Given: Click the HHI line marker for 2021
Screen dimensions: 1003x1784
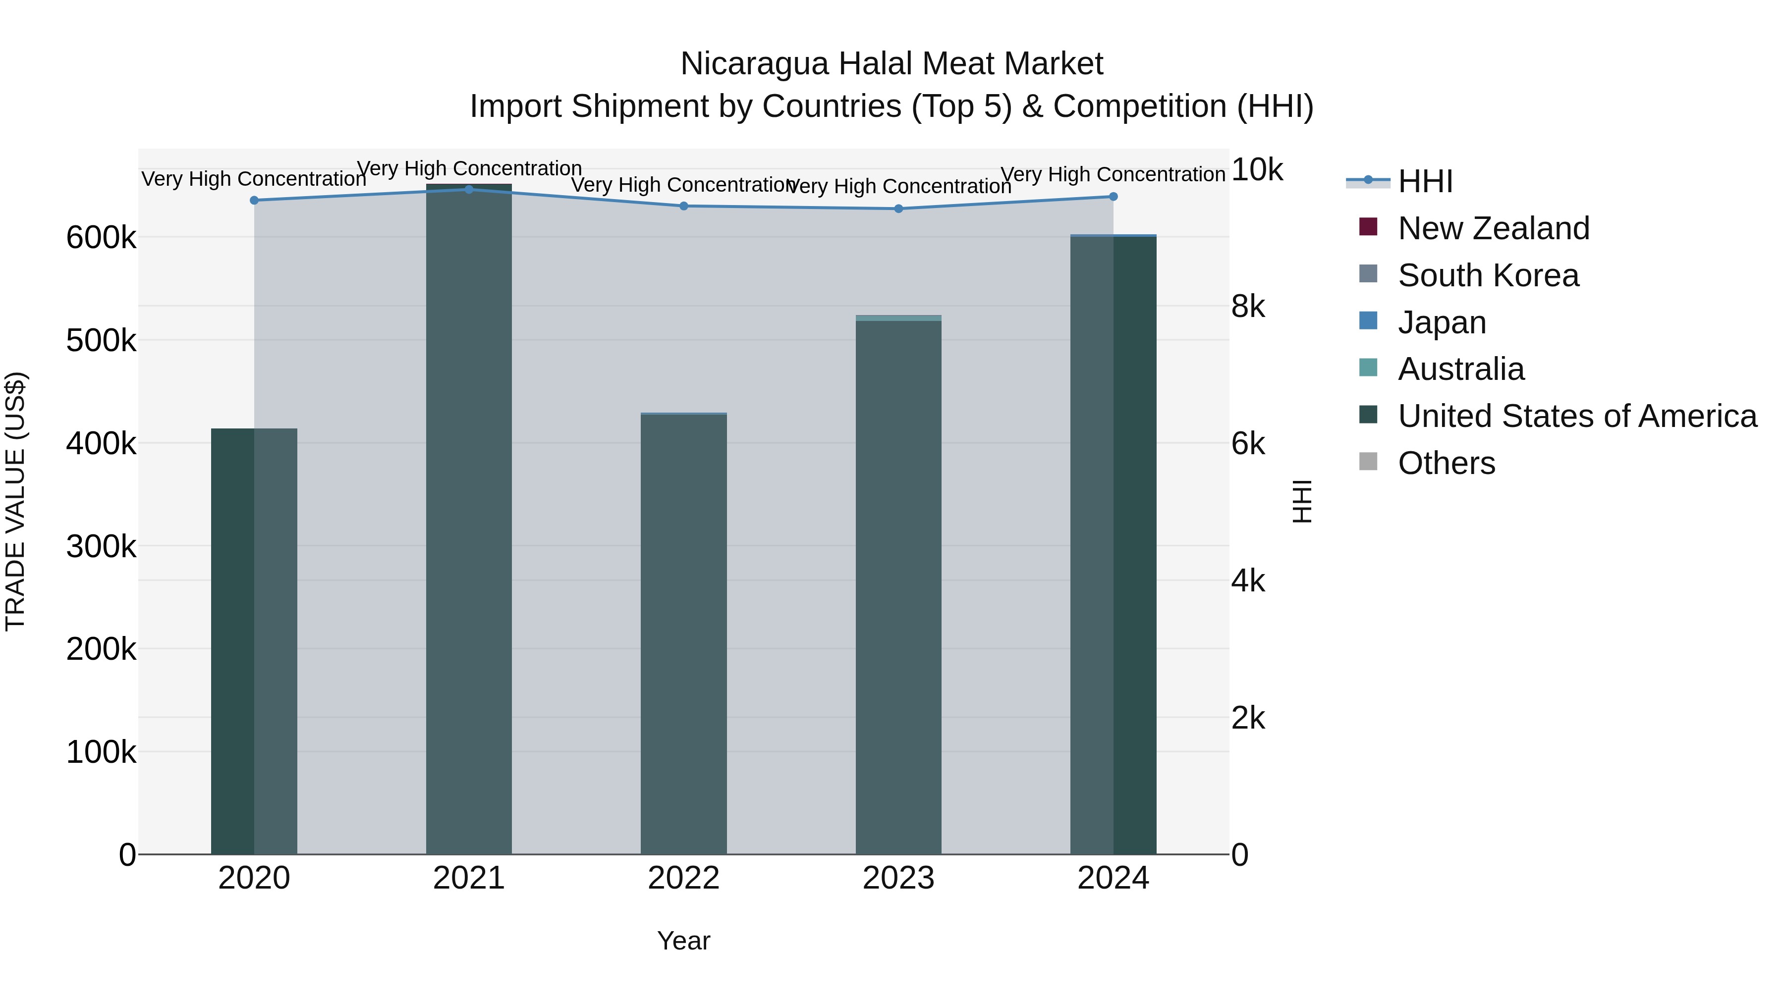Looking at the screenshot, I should tap(469, 190).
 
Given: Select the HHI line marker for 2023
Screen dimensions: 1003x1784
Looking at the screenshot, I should tap(898, 209).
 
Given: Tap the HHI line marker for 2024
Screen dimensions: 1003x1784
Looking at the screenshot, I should tap(1113, 197).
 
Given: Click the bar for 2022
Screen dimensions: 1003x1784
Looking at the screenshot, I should tap(683, 633).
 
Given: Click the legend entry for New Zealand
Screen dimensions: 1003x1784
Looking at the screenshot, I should tap(1493, 228).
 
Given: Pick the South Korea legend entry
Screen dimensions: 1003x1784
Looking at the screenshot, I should tap(1488, 275).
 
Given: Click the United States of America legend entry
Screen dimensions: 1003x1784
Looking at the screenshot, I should tap(1576, 416).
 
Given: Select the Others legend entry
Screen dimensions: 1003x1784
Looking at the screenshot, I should tap(1446, 463).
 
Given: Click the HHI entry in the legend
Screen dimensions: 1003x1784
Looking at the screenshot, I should tap(1425, 181).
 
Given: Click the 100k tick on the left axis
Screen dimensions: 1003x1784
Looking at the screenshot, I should tap(101, 752).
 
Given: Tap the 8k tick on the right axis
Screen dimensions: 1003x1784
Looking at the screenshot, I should tap(1248, 307).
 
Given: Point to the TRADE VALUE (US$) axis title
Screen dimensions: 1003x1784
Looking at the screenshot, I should tap(15, 501).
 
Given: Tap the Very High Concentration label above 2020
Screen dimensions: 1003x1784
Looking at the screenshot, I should tap(253, 179).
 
